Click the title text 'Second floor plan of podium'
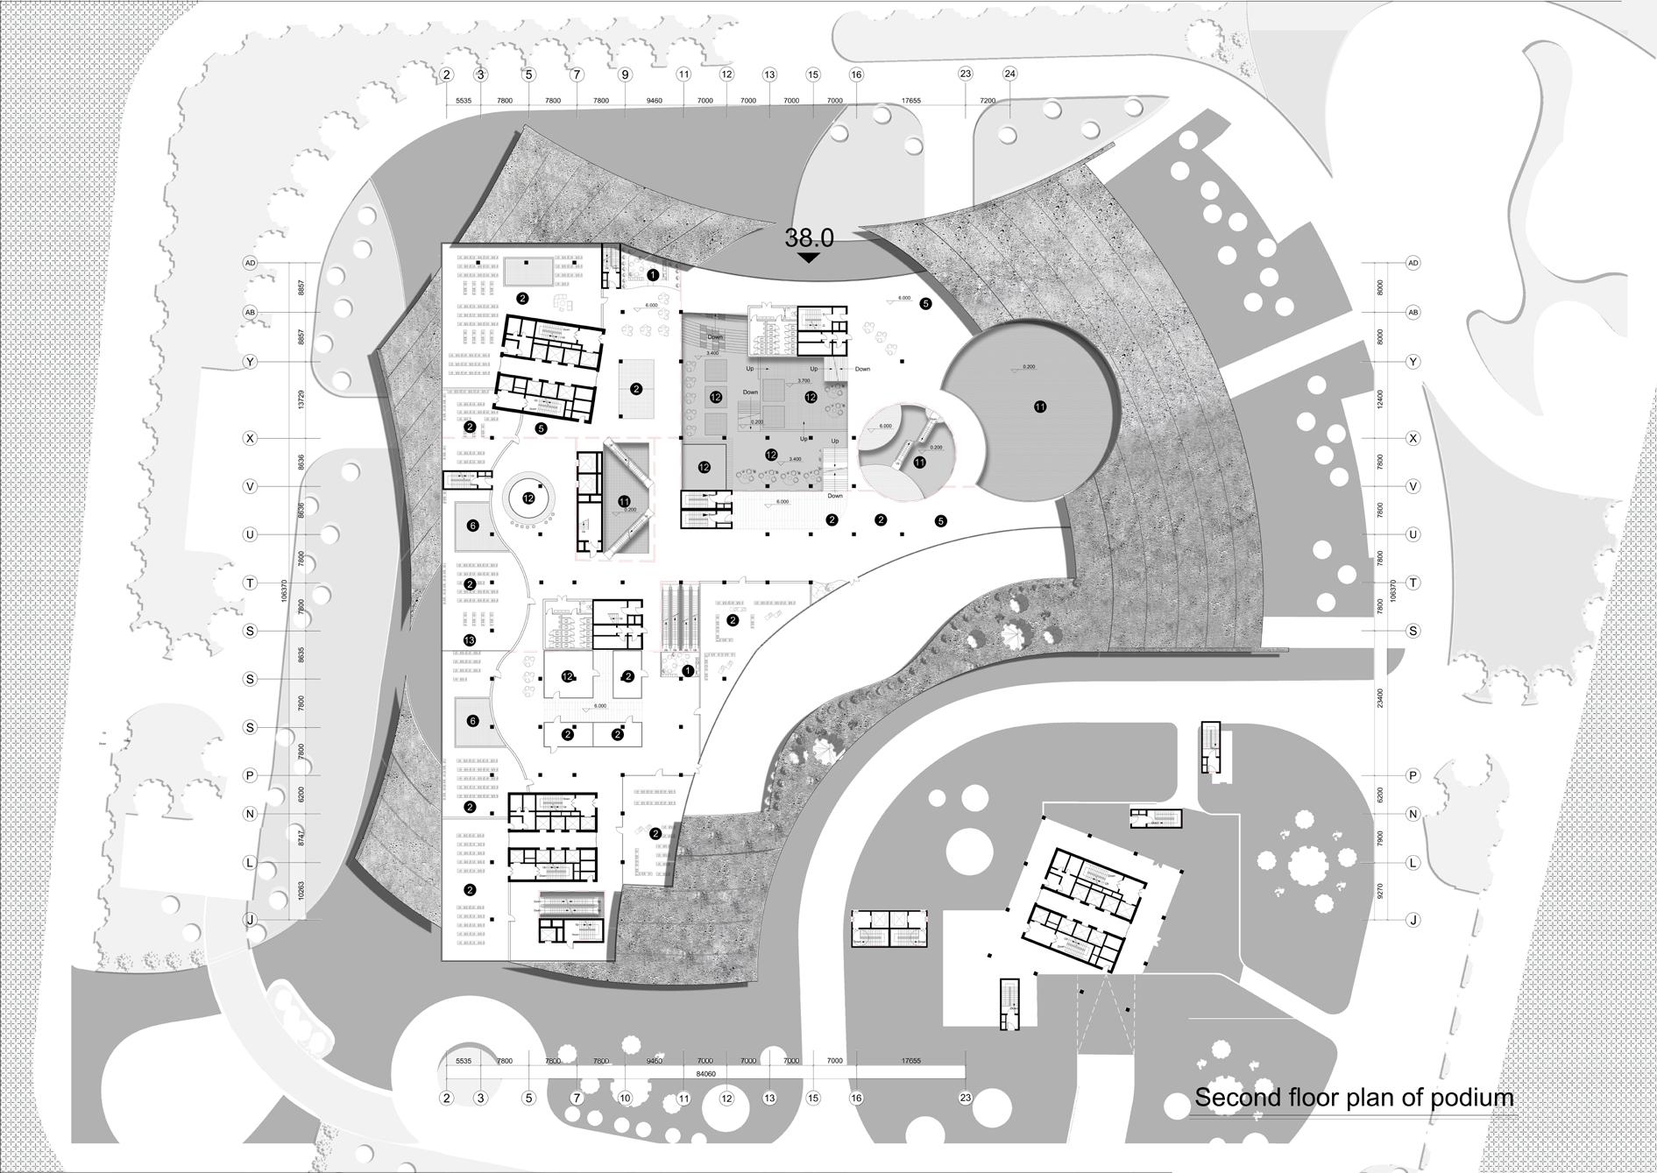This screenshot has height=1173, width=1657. (x=1354, y=1098)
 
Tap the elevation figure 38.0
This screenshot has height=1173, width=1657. (x=808, y=237)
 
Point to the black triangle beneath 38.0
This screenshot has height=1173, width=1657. (x=808, y=258)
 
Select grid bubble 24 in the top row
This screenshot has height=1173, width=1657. (x=1009, y=74)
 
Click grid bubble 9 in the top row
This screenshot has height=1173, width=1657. (x=625, y=74)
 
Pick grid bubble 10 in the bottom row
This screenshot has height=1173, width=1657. (x=625, y=1098)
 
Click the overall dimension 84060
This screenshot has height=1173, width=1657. (x=705, y=1073)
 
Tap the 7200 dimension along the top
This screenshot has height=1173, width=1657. (x=988, y=101)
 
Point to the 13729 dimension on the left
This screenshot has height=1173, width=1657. (x=301, y=399)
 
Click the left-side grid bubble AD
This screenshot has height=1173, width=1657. (x=250, y=263)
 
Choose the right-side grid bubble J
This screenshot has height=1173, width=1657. (x=1413, y=920)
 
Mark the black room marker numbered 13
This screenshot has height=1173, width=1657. (x=470, y=640)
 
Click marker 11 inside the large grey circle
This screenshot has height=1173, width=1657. (x=1040, y=406)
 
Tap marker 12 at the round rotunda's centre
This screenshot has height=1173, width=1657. (x=528, y=498)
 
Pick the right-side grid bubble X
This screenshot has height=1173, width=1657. (x=1413, y=438)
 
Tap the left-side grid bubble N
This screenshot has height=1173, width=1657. (x=250, y=814)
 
